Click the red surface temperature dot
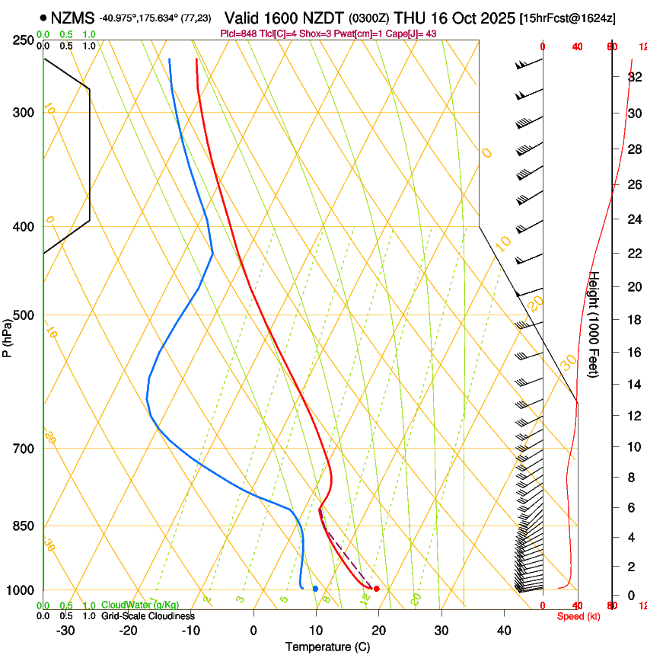point(377,589)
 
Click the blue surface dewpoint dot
point(315,589)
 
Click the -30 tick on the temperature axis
point(65,631)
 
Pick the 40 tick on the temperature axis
point(504,631)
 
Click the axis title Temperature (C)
point(327,647)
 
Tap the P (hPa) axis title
point(8,336)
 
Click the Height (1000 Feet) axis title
point(594,324)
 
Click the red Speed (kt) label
point(578,616)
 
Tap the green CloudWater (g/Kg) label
point(140,605)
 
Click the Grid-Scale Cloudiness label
point(148,616)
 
